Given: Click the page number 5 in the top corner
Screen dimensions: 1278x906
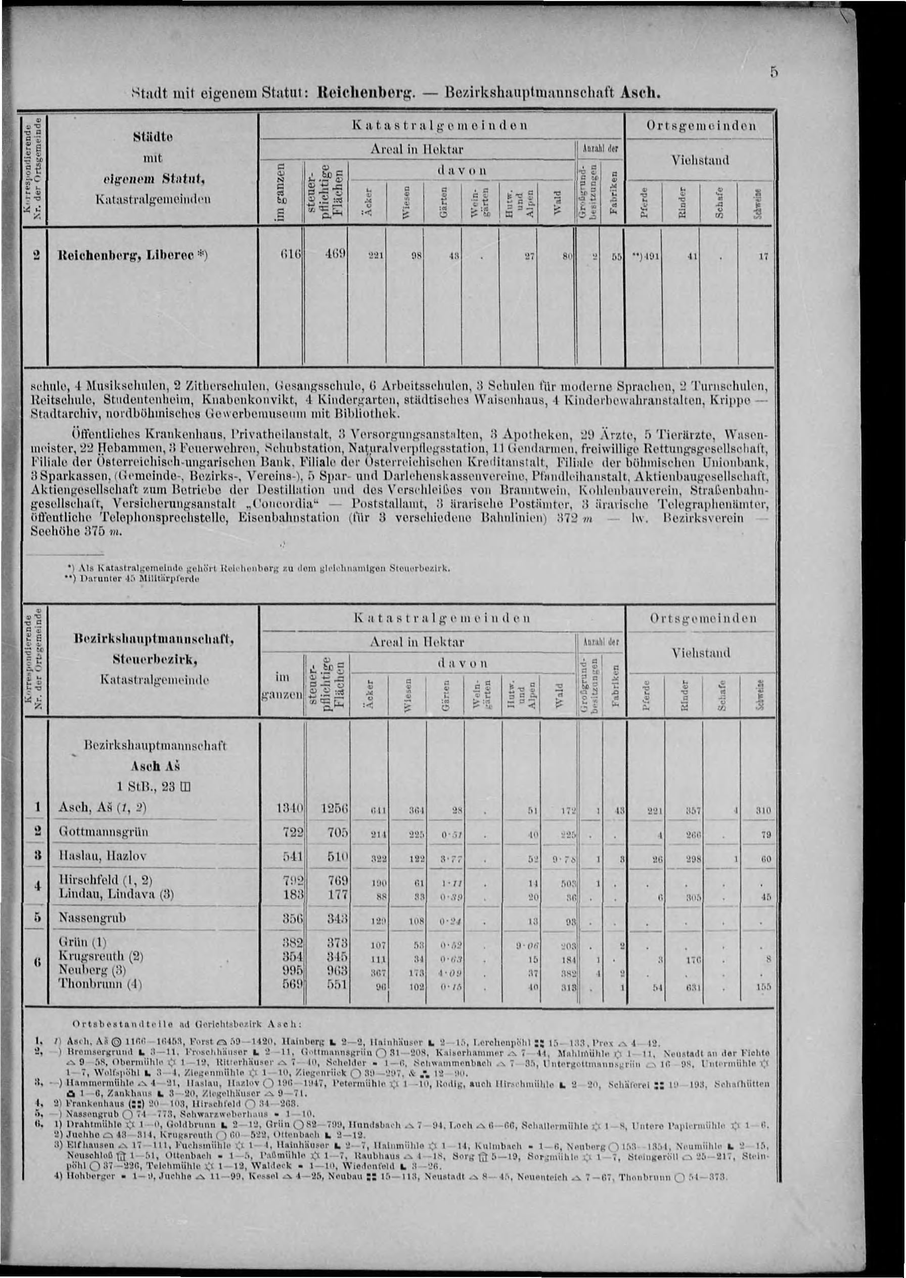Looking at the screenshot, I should point(773,72).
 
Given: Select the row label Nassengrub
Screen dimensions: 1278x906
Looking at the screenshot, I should point(92,917).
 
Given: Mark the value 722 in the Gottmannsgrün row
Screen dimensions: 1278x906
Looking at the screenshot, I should point(292,831).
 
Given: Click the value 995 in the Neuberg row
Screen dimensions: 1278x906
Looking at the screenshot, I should point(292,970).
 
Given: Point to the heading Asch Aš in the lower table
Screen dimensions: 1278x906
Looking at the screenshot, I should point(155,766).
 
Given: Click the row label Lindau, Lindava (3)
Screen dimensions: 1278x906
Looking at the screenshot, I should point(116,894).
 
